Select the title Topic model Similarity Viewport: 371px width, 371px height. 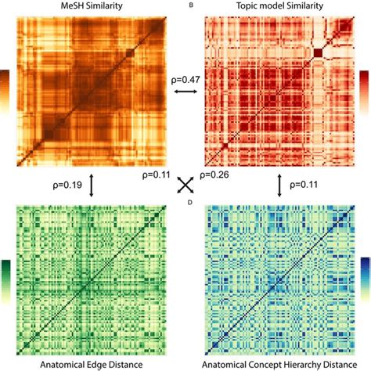point(279,7)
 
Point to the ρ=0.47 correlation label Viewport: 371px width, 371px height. point(185,80)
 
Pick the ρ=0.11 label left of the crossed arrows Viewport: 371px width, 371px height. point(157,175)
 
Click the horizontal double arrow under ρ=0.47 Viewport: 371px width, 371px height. point(185,93)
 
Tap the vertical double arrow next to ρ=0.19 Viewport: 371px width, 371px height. point(92,185)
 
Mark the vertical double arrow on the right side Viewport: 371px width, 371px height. point(279,185)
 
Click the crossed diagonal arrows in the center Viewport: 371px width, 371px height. point(185,185)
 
